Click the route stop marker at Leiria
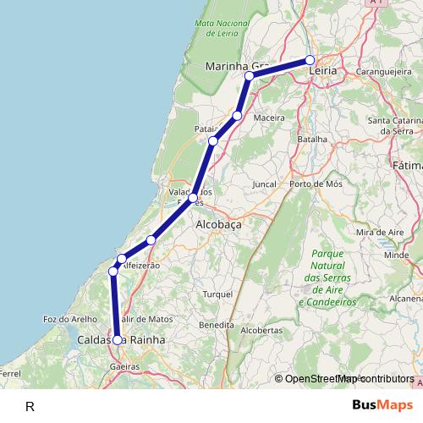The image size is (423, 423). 310,60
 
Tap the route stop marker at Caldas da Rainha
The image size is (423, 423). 117,339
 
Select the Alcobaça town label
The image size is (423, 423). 218,226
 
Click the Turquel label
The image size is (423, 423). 217,294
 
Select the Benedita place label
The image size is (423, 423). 216,325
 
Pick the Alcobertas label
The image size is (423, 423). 261,330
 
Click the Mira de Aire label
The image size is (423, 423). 376,232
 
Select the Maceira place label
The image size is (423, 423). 268,117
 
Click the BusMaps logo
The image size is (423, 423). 382,405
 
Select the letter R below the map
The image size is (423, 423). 30,406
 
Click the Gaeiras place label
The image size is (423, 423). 124,366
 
